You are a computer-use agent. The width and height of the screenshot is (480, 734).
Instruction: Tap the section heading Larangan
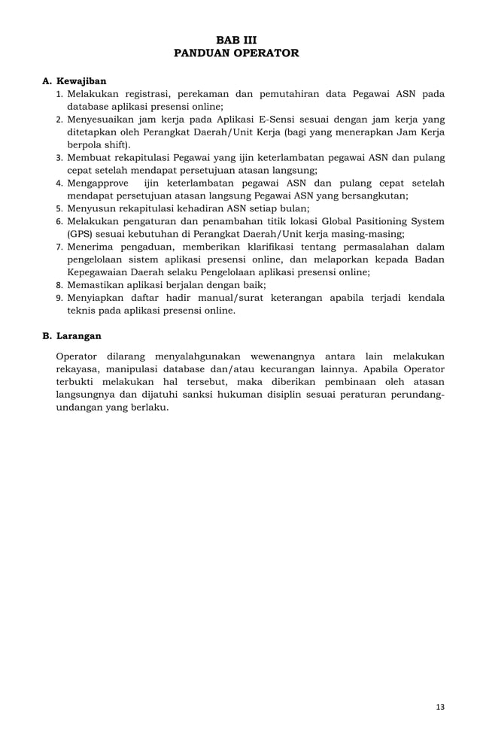[x=79, y=335]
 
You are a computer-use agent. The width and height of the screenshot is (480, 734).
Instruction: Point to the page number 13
[x=440, y=707]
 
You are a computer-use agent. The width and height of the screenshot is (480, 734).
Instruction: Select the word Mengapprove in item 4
[x=98, y=183]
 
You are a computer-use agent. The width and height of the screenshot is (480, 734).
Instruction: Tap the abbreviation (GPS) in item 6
[x=80, y=234]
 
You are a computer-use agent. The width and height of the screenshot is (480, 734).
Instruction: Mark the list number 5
[x=59, y=208]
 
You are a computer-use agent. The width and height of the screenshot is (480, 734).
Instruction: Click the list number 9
[x=59, y=298]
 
